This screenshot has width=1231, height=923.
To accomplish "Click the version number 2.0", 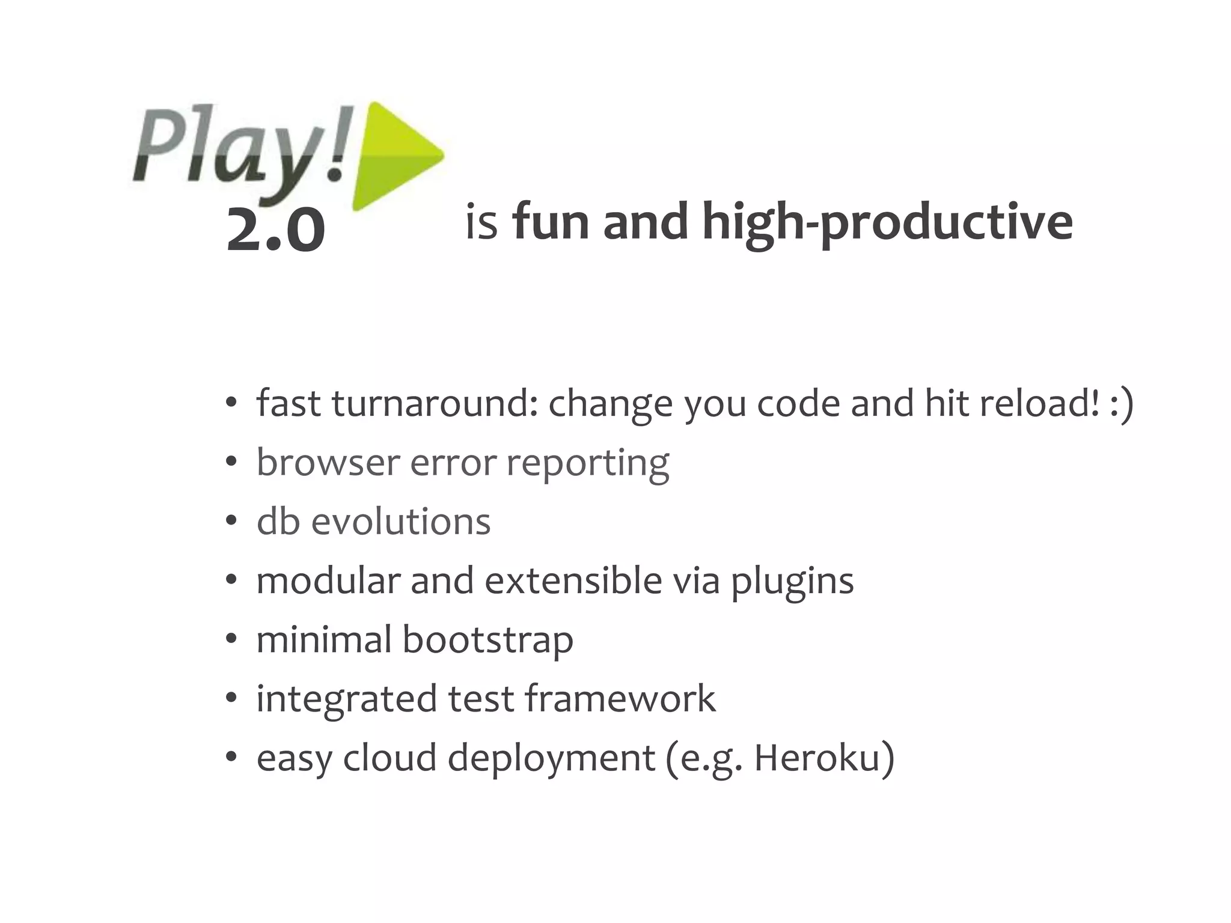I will coord(276,231).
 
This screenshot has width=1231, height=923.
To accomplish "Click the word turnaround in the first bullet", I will coord(433,403).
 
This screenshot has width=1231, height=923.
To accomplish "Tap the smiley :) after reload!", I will coord(1121,403).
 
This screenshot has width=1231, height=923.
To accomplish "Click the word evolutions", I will coord(400,521).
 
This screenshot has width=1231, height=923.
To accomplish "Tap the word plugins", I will coord(792,582).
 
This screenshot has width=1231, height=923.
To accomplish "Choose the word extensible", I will coord(573,580).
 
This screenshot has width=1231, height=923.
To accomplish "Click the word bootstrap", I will coord(487,639).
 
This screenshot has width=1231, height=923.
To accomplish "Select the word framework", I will coord(620,698).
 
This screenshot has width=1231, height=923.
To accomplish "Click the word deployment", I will coord(551,759).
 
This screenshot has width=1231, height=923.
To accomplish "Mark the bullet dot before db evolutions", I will coord(231,522).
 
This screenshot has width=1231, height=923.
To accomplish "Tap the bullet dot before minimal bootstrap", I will coord(231,641).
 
